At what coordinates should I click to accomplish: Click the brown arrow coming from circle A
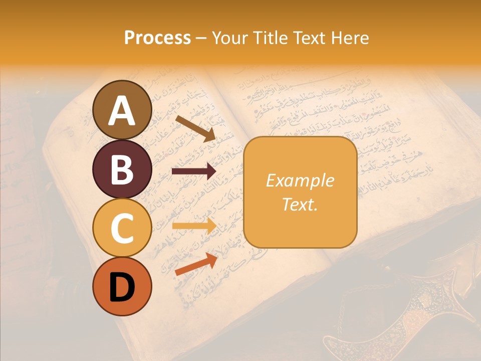tap(195, 127)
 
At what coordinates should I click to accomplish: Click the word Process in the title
tap(157, 38)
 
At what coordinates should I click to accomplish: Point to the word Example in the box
tap(300, 180)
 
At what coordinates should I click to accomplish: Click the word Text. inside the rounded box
tap(300, 204)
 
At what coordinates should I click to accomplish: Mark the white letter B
tap(122, 170)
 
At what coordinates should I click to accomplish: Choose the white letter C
tap(122, 228)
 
